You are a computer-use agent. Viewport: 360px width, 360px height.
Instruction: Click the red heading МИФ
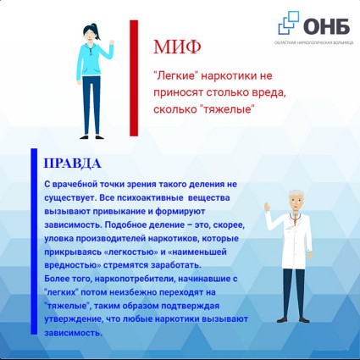[177, 47]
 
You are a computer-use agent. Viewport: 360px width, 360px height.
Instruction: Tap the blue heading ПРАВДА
[73, 163]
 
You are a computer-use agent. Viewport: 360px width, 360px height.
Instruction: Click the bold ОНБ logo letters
[327, 26]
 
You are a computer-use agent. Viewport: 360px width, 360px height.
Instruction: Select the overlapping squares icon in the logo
[289, 22]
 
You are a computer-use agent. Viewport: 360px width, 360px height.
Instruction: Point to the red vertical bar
[134, 78]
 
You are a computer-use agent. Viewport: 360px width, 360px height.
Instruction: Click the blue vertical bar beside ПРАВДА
[34, 241]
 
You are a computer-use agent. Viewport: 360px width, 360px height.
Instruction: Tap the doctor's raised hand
[267, 207]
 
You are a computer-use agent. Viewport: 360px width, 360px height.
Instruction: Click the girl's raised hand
[112, 42]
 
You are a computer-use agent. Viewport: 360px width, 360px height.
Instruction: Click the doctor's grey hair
[296, 194]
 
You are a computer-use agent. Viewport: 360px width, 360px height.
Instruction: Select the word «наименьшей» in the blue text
[197, 252]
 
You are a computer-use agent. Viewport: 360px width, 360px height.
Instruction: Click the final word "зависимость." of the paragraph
[73, 333]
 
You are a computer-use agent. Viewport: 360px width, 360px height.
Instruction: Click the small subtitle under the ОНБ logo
[313, 42]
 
